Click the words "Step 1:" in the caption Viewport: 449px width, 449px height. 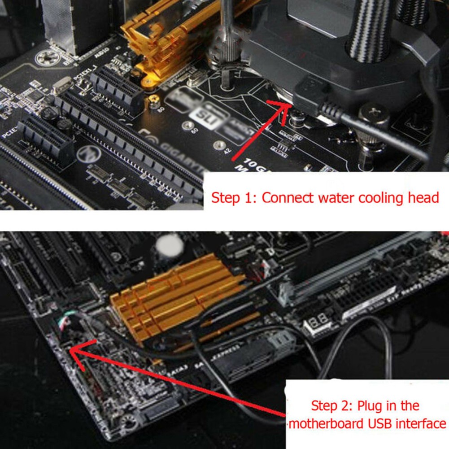[234, 198]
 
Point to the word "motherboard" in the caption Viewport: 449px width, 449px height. [327, 423]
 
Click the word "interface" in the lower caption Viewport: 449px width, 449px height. [423, 423]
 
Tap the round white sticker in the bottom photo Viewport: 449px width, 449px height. [169, 246]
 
